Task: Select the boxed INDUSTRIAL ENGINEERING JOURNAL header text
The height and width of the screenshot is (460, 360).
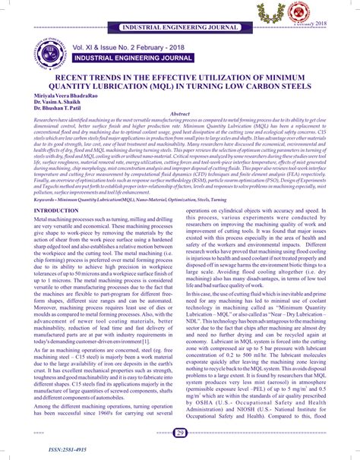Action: point(180,27)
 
